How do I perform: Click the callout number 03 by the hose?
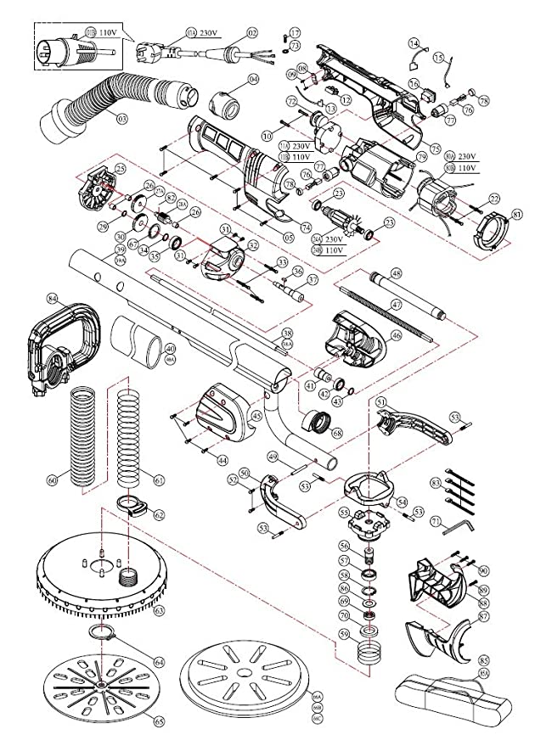(x=122, y=119)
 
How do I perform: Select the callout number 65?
(x=158, y=721)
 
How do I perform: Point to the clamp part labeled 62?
(x=132, y=508)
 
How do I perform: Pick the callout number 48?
(x=396, y=274)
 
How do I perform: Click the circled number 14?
(x=413, y=42)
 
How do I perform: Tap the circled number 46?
(x=397, y=336)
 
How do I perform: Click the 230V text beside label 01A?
(x=210, y=31)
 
